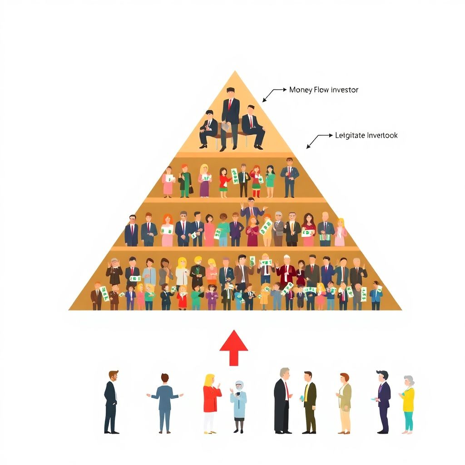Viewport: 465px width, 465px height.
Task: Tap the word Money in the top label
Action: coord(301,90)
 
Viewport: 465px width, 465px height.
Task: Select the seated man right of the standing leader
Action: coord(252,126)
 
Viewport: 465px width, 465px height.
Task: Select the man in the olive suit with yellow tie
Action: coord(309,402)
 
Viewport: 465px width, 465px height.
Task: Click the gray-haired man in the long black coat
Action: coord(282,400)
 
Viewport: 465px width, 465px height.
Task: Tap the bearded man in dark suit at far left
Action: coord(111,402)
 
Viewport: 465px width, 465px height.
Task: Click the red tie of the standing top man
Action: coord(230,105)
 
